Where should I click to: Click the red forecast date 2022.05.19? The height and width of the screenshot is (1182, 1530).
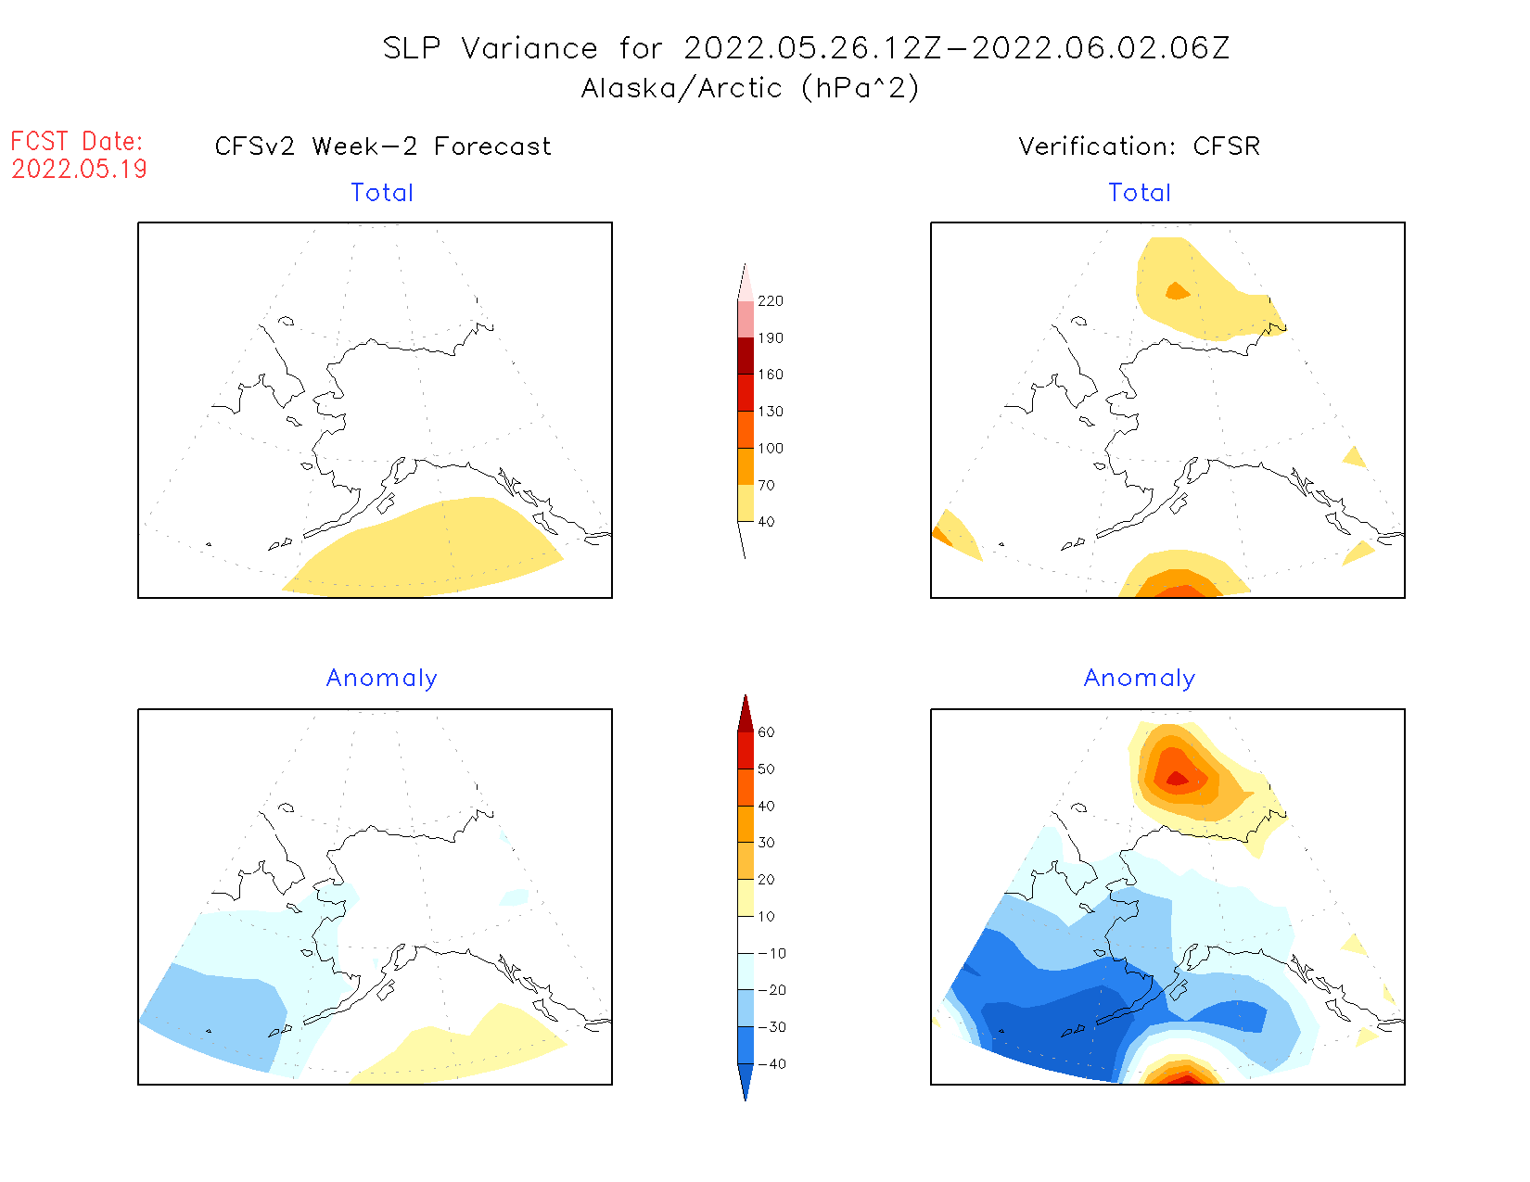pos(79,170)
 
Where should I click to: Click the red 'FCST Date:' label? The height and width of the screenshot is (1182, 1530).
pos(77,142)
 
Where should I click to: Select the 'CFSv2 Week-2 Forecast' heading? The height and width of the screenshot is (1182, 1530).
pos(383,146)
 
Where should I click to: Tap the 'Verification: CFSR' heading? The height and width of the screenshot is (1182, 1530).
pos(1140,146)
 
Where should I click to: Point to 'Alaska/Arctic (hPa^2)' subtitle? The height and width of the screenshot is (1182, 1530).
pos(750,88)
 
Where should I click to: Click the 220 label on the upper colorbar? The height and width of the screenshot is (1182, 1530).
pos(771,301)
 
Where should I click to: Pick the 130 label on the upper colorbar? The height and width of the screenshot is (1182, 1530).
pos(771,412)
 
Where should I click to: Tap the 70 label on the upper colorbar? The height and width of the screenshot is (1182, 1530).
pos(766,485)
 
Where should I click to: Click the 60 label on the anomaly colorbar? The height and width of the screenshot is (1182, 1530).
pos(766,732)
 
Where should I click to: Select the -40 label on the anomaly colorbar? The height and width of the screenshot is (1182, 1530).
pos(771,1064)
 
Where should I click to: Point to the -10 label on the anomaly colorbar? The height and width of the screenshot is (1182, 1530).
pos(771,953)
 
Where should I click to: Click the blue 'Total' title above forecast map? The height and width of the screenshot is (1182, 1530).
pos(382,193)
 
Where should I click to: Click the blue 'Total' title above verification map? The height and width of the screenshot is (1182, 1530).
pos(1140,193)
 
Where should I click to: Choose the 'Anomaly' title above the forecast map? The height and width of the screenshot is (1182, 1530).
pos(382,679)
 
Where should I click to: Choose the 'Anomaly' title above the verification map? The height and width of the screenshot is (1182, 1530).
pos(1140,679)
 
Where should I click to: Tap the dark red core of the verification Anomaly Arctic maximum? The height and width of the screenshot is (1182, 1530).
pos(1177,779)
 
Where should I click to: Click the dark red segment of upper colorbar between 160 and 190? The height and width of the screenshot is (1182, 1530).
pos(746,356)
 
